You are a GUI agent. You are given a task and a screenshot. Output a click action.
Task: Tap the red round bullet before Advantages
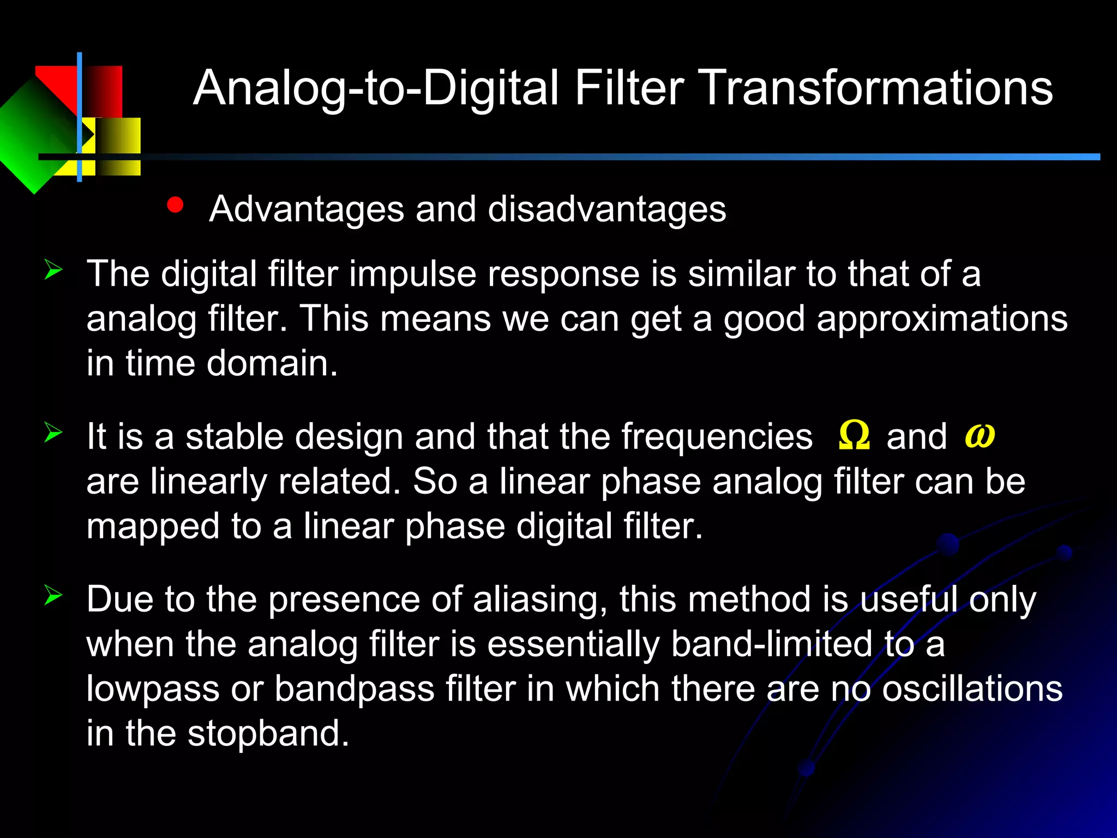point(175,205)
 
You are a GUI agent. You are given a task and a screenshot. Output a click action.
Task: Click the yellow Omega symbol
point(854,436)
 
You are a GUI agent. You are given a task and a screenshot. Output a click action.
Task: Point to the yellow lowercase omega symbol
point(980,436)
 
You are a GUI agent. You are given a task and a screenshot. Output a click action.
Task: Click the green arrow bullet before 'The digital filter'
point(53,270)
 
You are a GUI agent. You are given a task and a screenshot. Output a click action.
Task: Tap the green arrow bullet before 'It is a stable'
point(53,433)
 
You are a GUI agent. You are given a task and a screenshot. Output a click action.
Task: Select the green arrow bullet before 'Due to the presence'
point(53,595)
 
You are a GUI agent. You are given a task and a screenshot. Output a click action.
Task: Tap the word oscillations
point(972,689)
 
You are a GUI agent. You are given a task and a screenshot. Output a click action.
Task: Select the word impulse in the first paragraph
point(412,274)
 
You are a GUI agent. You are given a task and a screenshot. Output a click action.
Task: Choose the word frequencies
point(717,437)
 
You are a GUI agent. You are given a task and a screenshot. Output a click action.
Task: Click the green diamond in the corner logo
point(33,136)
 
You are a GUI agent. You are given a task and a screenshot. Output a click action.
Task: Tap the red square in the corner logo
point(101,90)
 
